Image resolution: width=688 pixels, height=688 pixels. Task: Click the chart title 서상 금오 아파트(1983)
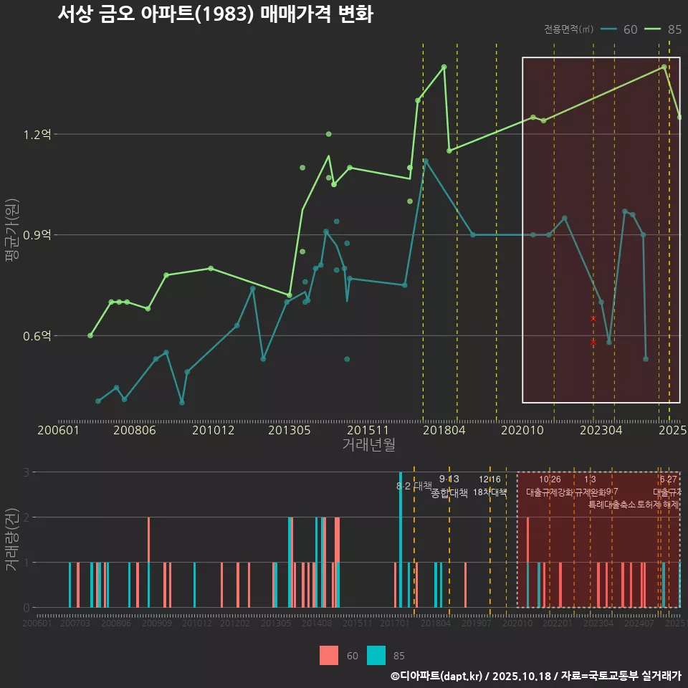point(215,14)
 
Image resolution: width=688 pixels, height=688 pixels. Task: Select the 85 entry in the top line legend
point(664,29)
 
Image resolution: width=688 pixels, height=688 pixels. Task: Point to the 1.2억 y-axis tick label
point(37,134)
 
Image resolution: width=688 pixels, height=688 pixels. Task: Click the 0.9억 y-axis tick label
point(37,235)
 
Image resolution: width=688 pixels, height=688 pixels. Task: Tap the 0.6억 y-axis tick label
point(37,335)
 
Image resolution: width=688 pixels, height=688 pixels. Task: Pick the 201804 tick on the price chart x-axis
point(444,431)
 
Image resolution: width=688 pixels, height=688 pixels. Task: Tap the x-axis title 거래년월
point(368,445)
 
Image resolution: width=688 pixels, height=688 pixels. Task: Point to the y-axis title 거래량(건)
point(11,540)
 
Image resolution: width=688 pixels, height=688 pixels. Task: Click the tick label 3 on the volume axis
point(26,472)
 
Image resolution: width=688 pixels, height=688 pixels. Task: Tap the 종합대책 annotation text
point(449,493)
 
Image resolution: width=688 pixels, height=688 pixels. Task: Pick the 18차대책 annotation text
point(490,493)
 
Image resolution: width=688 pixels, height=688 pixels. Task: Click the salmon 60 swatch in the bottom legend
point(328,655)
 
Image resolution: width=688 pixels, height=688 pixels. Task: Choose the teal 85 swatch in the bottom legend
point(376,655)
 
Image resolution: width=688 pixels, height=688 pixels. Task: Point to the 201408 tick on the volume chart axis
point(316,624)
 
